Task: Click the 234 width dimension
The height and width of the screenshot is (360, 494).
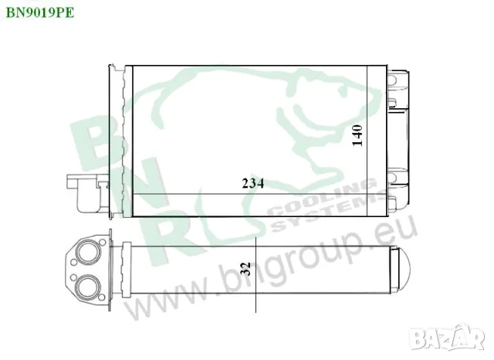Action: point(253,183)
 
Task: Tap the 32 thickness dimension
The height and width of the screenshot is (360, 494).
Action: point(246,270)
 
